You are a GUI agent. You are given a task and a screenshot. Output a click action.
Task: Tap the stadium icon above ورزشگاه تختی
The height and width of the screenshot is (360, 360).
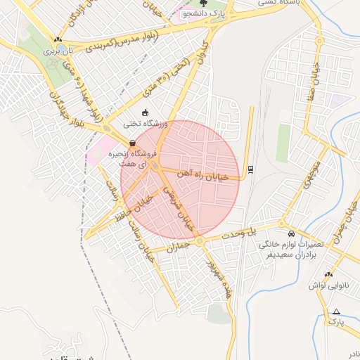(145, 112)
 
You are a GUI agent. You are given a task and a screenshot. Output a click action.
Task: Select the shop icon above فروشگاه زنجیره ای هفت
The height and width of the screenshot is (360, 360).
(132, 143)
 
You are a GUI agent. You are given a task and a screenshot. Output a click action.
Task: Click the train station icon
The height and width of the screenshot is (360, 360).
(250, 169)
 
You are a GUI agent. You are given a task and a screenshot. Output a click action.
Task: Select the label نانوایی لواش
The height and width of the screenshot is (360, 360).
(328, 286)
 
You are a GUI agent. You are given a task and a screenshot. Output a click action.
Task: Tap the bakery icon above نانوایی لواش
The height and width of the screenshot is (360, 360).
(328, 275)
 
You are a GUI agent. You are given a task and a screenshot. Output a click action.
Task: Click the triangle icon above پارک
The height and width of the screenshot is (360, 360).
(336, 311)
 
